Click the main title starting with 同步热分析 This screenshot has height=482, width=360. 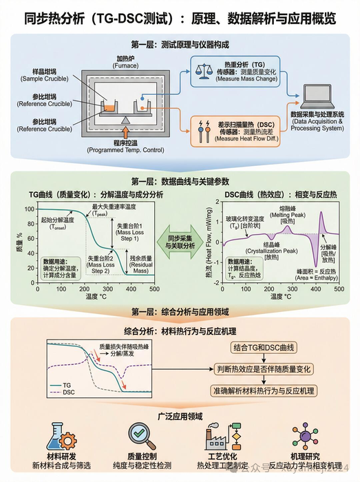pyautogui.click(x=180, y=16)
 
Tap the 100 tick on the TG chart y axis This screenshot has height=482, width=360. pyautogui.click(x=29, y=209)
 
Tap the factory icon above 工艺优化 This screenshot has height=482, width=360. pyautogui.click(x=218, y=437)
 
